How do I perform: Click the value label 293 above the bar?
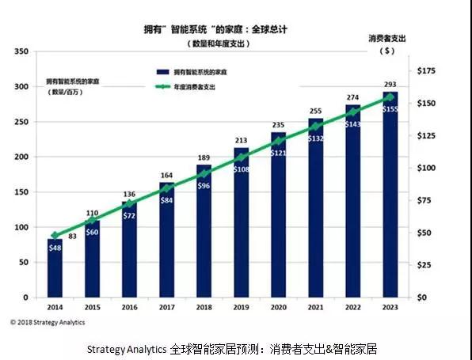390,85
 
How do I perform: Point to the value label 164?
166,176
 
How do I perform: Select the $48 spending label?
55,247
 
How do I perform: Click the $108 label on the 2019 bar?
241,169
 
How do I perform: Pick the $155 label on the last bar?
390,109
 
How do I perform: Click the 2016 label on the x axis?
129,307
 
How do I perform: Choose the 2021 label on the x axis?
316,307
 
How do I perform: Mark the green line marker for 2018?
204,173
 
